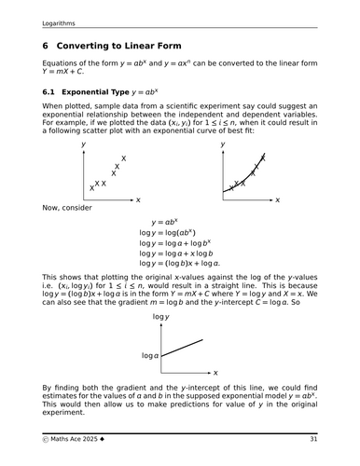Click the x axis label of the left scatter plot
point(138,200)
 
